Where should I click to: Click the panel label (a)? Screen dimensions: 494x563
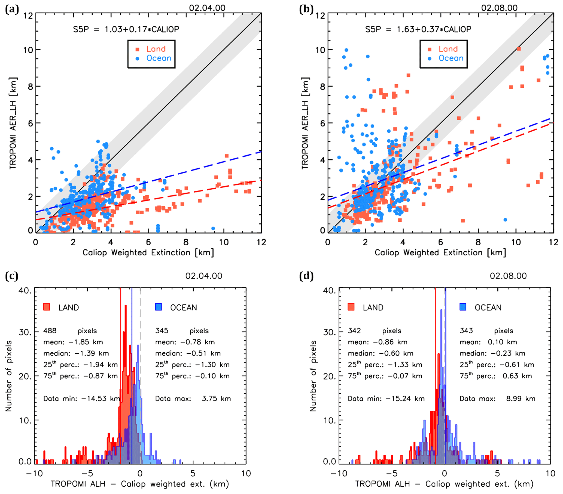click(12, 9)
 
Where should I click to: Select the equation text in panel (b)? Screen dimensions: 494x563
click(418, 29)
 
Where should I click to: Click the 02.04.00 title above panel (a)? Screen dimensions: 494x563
click(207, 8)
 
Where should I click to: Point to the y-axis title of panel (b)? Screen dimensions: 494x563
click(305, 123)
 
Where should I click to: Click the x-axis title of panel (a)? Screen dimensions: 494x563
click(148, 252)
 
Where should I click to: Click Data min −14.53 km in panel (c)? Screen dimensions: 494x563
click(81, 399)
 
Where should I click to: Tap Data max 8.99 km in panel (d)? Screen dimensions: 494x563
click(497, 399)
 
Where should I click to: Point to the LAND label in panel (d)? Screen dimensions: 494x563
click(373, 307)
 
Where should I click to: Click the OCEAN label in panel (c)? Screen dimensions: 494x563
click(183, 307)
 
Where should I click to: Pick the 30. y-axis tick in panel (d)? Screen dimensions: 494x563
click(330, 332)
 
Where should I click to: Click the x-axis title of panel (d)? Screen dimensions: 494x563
click(444, 484)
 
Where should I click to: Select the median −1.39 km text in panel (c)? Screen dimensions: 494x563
click(76, 353)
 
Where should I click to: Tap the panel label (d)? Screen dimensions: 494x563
click(306, 276)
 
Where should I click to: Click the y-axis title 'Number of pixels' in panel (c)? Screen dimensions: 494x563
click(9, 376)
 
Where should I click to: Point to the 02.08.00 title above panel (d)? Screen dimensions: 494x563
click(508, 276)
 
